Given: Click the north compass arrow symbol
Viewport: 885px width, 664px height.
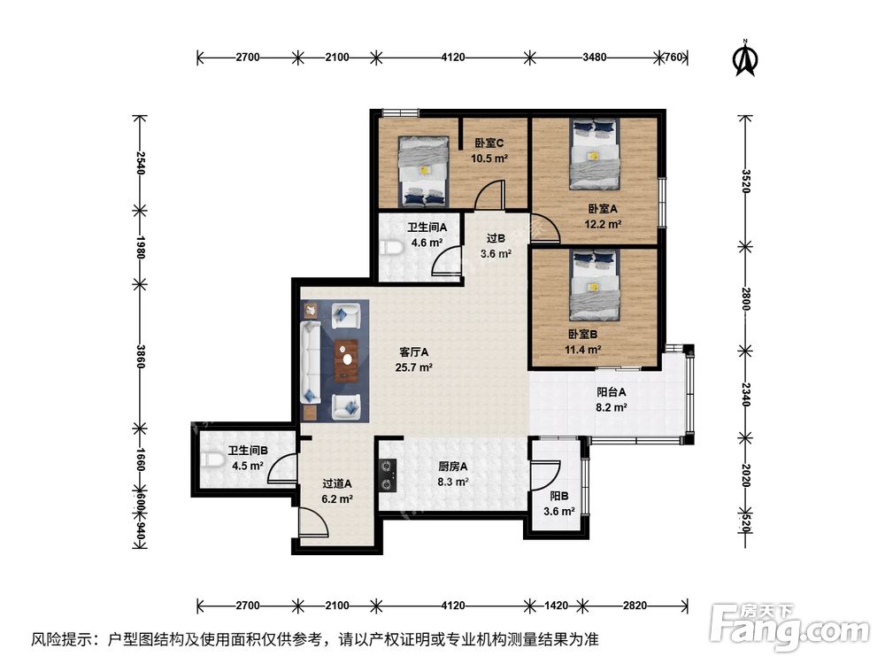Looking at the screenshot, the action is tap(745, 58).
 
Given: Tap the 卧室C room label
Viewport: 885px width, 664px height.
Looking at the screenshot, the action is tap(489, 143).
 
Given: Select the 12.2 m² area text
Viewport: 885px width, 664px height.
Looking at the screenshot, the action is tap(603, 224).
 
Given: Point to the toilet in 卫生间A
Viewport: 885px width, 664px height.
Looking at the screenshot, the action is tap(389, 247).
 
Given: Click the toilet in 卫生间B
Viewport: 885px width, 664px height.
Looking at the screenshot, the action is tap(210, 460).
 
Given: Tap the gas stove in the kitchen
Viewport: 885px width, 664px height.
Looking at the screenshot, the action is tap(388, 475).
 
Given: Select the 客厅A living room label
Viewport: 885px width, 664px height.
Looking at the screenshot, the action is tap(413, 352).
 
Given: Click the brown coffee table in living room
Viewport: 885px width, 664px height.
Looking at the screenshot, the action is tap(346, 360).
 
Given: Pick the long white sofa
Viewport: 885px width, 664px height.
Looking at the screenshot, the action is tap(310, 362).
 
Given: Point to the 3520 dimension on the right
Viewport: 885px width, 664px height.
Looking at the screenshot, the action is tap(746, 181).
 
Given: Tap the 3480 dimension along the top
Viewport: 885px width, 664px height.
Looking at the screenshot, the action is tap(595, 57).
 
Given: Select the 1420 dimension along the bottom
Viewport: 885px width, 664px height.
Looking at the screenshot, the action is tap(556, 606).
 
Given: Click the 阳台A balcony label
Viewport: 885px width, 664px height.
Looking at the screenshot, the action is tap(612, 392).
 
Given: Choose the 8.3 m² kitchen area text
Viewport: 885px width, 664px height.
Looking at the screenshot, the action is tap(452, 483).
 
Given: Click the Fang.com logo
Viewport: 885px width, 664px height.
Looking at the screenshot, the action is tap(790, 626).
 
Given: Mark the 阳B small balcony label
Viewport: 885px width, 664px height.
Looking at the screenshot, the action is tap(558, 497).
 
